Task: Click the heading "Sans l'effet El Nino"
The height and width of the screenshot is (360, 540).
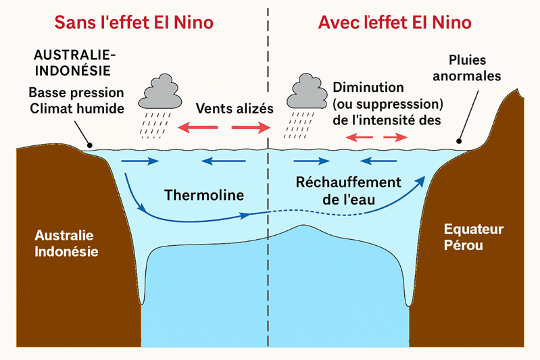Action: coord(134,22)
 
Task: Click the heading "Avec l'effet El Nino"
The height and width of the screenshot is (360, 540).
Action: coord(395,22)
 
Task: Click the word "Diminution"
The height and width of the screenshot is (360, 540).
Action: coord(368,88)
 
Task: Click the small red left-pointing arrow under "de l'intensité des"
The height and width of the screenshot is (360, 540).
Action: coord(358,137)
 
